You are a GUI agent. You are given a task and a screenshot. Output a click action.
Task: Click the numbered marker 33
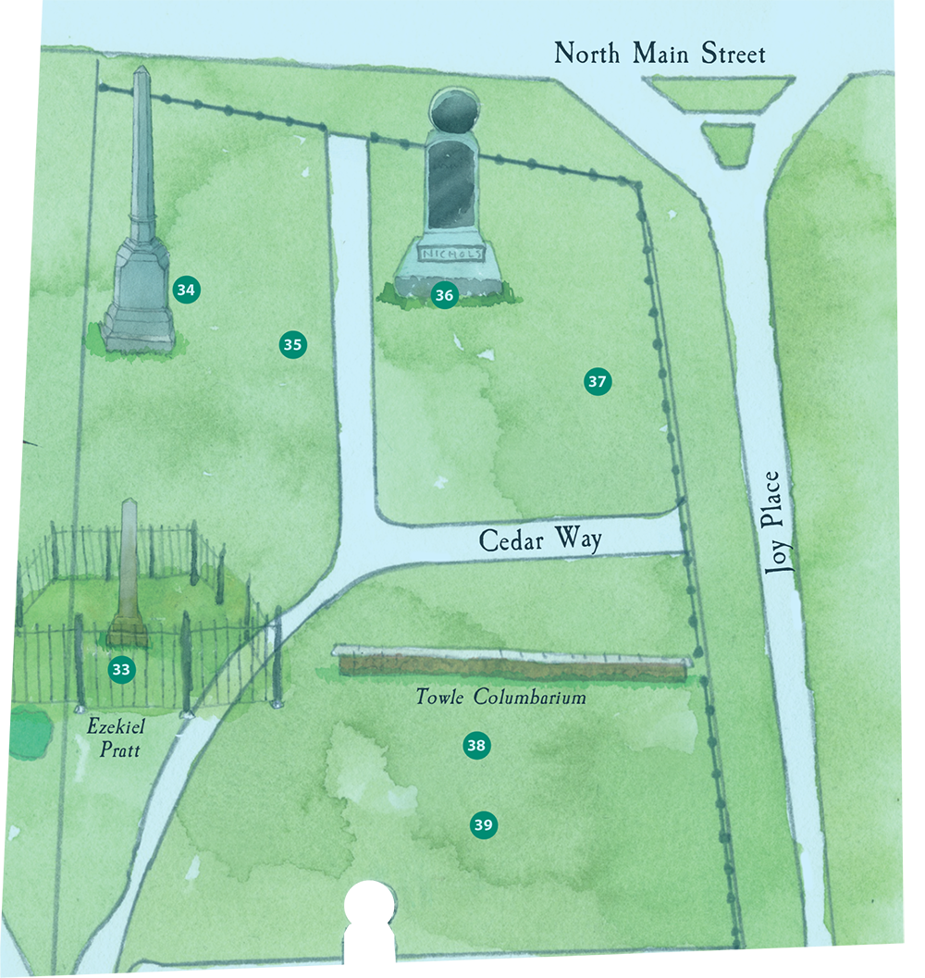(121, 670)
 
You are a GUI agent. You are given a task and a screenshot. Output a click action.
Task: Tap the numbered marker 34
(186, 290)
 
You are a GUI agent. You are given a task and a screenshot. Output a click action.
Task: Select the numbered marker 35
(292, 345)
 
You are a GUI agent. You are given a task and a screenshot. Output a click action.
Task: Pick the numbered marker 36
(444, 295)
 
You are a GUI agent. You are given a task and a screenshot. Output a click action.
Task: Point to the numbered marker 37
(598, 381)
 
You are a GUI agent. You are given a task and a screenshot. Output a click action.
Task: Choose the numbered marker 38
(476, 745)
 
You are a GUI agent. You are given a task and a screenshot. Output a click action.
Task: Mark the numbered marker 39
(483, 824)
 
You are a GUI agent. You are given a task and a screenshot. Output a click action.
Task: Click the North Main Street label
(660, 54)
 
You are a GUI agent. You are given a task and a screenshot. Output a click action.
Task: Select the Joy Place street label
(783, 524)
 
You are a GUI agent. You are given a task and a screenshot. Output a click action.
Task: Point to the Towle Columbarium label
(501, 698)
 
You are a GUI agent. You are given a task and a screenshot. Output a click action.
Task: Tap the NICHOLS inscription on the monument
(452, 254)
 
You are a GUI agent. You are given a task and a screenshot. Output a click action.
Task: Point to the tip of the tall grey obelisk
(142, 69)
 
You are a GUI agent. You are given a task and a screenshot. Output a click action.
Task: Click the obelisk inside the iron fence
(129, 574)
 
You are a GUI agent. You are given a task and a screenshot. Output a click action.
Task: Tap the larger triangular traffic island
(719, 93)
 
